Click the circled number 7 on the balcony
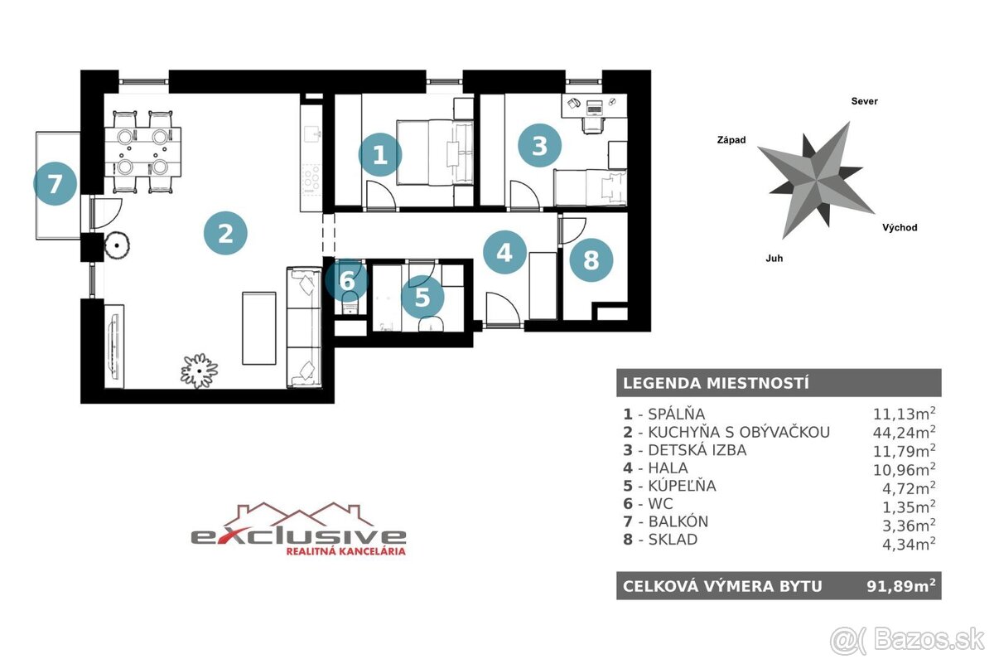click(55, 183)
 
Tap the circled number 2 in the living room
click(225, 233)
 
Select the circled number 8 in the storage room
click(591, 260)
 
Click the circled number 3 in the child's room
click(539, 146)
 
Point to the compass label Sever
click(865, 101)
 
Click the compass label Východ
click(900, 228)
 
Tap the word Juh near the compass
click(774, 259)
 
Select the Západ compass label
click(731, 140)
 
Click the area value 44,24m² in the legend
click(905, 432)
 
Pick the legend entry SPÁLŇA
click(676, 414)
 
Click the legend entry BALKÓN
click(678, 521)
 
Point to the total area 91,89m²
click(901, 586)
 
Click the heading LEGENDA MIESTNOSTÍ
click(716, 383)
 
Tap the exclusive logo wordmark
click(298, 536)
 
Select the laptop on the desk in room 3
click(594, 107)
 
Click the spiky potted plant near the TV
click(200, 371)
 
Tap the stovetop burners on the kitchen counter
click(311, 178)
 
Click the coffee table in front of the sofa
click(259, 328)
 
